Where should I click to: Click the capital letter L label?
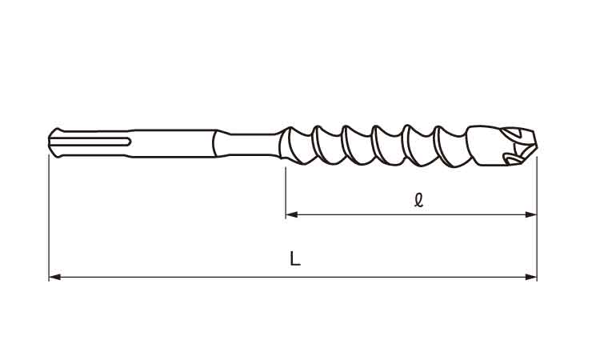(x=294, y=258)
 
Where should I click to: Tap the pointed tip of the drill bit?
(x=538, y=146)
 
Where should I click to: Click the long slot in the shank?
(x=90, y=142)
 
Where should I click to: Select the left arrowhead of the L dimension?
(x=54, y=277)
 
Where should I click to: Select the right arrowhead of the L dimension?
(x=531, y=277)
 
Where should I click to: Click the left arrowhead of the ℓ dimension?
(x=291, y=214)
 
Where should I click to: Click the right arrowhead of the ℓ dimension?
(x=531, y=214)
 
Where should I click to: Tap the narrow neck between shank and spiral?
(x=249, y=144)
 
